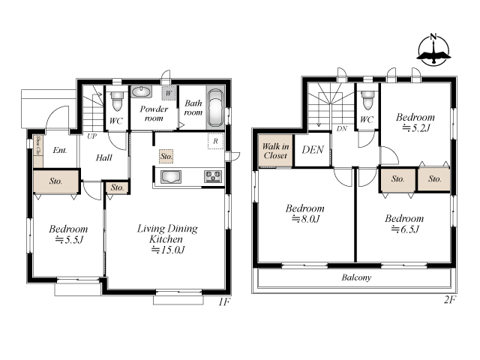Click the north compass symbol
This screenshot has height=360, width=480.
point(433,50)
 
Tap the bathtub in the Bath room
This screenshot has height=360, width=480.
point(215,108)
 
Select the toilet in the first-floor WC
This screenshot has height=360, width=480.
point(117,100)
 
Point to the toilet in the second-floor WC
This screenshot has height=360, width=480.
point(367,100)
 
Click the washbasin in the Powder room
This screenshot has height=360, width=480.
point(141,91)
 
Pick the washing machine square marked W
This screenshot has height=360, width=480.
point(169,93)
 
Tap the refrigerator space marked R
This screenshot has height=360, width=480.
point(215,141)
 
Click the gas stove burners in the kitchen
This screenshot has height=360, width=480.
point(213,176)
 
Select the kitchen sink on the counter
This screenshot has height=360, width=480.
point(170,177)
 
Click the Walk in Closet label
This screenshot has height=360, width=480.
point(275,151)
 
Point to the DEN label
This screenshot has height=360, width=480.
point(313,150)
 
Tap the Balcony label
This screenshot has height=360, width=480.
point(356,277)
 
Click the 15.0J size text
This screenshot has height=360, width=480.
point(169,250)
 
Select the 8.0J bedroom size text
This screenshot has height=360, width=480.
point(305,219)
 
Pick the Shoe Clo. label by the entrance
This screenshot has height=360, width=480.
point(38,145)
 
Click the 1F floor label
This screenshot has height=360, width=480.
point(224,302)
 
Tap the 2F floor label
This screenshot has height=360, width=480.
point(450,300)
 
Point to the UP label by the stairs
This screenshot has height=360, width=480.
point(91,136)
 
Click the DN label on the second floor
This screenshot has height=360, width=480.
point(342,128)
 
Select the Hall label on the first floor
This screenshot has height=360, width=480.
point(104,158)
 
